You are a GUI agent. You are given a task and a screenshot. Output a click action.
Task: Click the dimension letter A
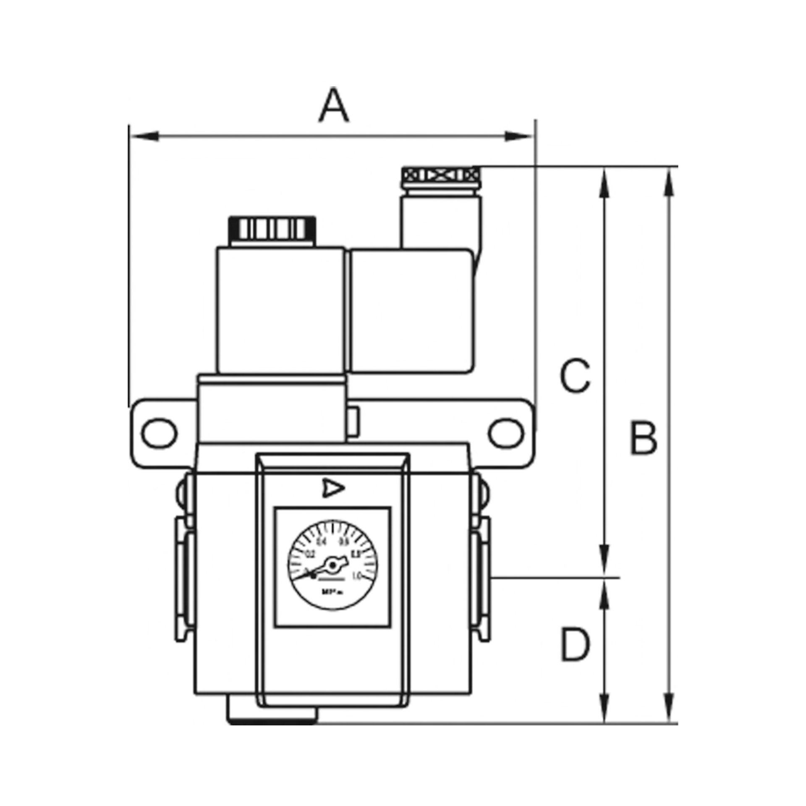[334, 105]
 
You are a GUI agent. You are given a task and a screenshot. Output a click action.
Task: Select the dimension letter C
[576, 375]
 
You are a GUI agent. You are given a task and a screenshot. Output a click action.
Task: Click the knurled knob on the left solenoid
[272, 229]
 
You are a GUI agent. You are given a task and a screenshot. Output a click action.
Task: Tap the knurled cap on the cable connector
[441, 174]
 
